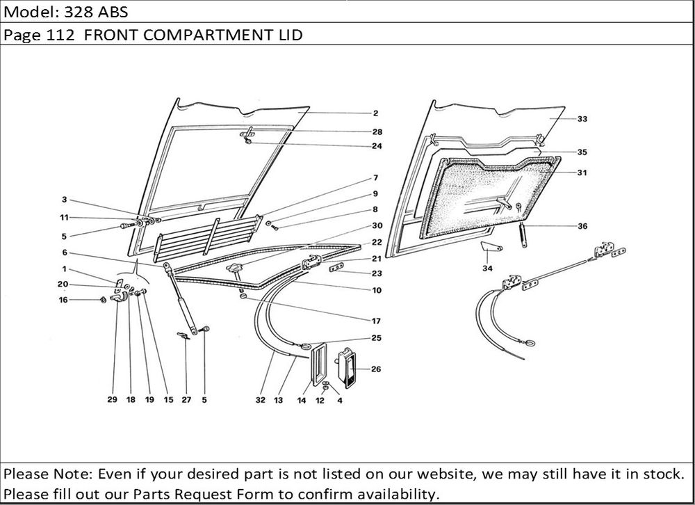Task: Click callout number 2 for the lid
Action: [x=375, y=113]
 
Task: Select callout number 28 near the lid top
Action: [x=377, y=131]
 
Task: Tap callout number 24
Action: [x=377, y=146]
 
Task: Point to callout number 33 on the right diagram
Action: [x=582, y=119]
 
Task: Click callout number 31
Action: [x=582, y=173]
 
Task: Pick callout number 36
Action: [x=582, y=225]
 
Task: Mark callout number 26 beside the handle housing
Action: [x=376, y=369]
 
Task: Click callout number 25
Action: [x=376, y=338]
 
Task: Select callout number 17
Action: [x=376, y=321]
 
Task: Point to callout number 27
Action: [x=186, y=401]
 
